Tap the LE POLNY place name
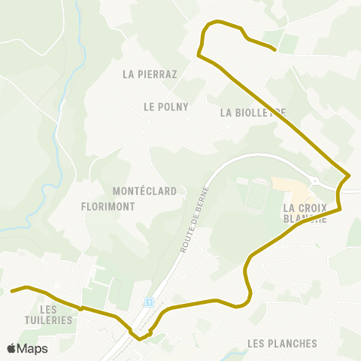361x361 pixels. [x=165, y=107]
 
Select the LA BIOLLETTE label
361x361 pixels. [x=253, y=113]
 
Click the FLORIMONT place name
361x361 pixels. [x=108, y=205]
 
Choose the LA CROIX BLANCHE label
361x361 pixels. [x=305, y=213]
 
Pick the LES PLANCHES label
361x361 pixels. [x=282, y=344]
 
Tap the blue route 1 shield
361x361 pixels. [x=149, y=302]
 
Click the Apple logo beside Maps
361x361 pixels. [x=11, y=348]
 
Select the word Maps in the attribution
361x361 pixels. [x=32, y=348]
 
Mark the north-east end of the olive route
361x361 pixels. [x=275, y=50]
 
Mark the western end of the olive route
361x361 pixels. [x=11, y=290]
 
